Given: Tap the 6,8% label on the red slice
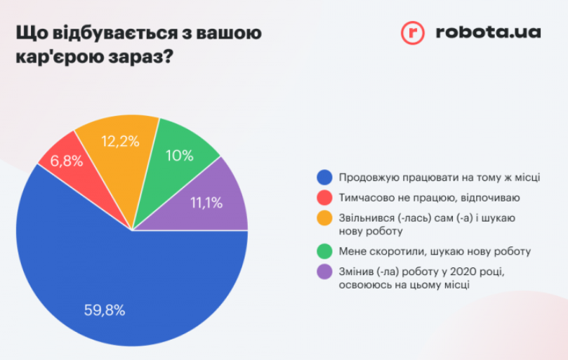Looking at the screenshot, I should [66, 161].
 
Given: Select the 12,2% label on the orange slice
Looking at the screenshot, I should [119, 141].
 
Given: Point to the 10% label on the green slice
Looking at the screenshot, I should [180, 156].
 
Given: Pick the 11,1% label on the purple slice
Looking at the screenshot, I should [206, 203].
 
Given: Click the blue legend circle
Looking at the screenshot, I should [324, 178].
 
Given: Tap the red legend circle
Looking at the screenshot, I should [324, 198].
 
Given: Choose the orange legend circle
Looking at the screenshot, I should [324, 218].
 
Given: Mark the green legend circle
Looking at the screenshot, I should [324, 251].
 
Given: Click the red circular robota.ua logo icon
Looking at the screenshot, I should [413, 33].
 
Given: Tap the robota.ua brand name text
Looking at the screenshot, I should [487, 32].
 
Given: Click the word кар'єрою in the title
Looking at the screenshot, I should [60, 56].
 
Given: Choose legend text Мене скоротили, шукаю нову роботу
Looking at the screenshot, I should [435, 251].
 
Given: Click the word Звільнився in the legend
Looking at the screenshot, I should [366, 218].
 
